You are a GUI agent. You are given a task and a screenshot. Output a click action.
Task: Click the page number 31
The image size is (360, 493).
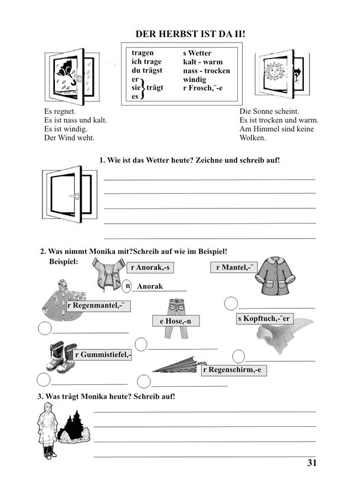(x=312, y=463)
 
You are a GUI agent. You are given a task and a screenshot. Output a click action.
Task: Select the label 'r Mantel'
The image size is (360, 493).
(x=231, y=267)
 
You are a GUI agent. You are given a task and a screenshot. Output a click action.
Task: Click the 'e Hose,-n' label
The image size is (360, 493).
(x=175, y=321)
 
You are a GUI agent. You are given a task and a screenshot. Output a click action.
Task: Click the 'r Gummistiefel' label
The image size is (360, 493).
(x=103, y=355)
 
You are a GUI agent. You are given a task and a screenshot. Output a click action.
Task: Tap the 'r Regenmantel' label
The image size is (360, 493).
(x=98, y=305)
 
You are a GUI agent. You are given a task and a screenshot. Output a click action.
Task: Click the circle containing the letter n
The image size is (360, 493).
(x=127, y=286)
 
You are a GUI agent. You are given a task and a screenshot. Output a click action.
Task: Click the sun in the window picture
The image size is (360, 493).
(x=276, y=71)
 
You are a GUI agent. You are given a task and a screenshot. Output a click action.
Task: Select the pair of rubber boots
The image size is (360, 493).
(x=61, y=357)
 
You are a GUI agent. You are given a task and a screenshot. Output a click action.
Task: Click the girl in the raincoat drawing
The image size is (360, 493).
(x=47, y=434)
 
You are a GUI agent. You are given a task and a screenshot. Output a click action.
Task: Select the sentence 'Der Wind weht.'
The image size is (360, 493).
(x=69, y=138)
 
